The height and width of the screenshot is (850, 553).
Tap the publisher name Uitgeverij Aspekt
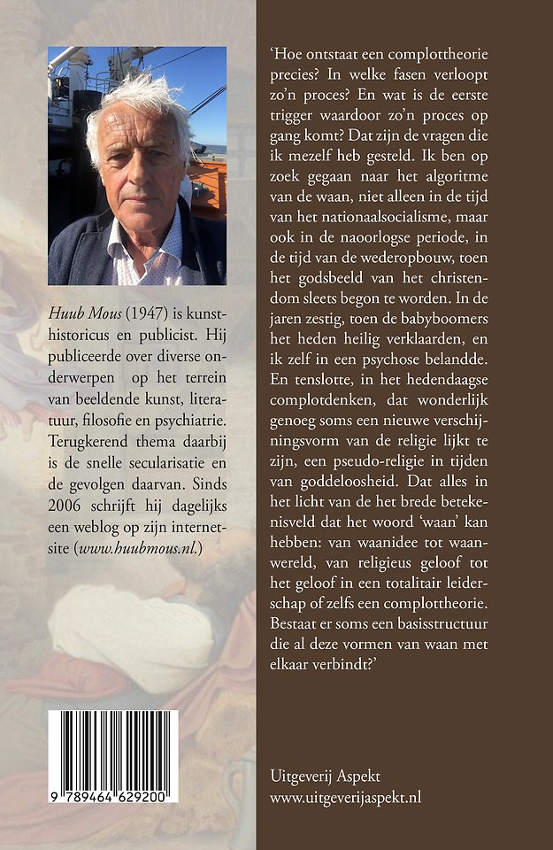tap(325, 776)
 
